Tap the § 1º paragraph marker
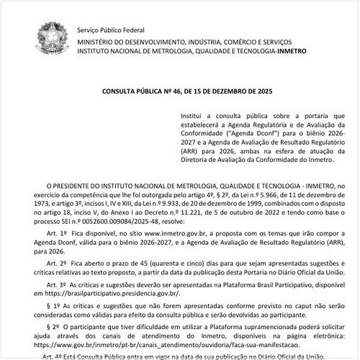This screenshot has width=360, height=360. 51,306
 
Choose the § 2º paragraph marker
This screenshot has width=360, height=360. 51,326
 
